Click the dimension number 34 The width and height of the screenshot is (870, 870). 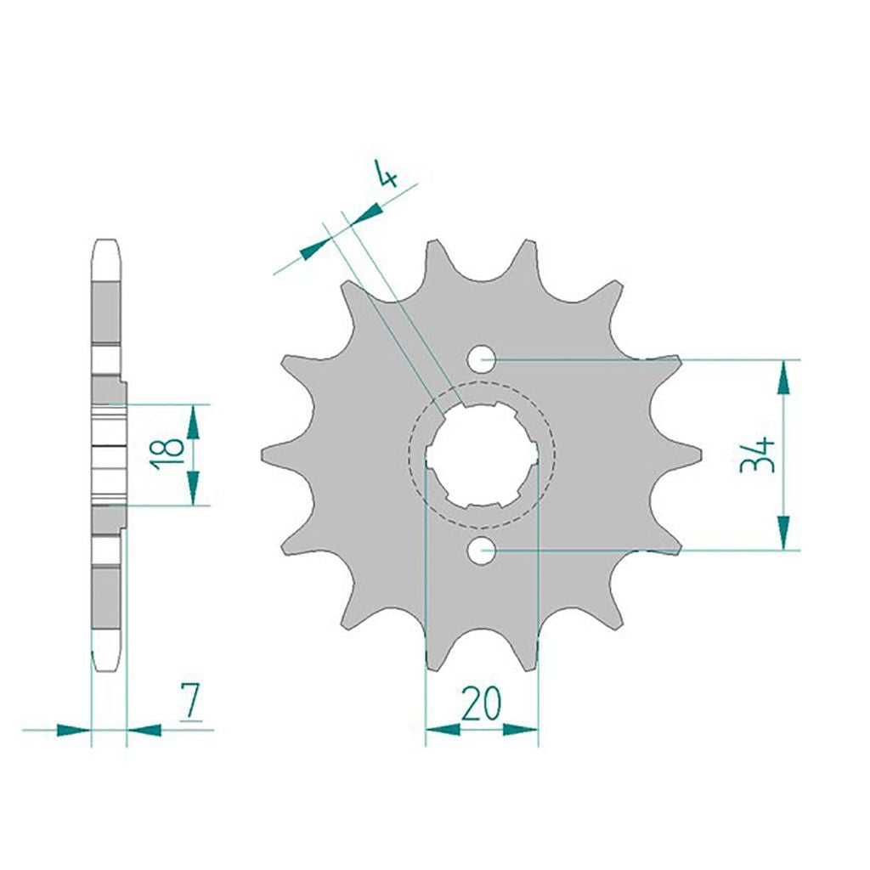click(x=757, y=455)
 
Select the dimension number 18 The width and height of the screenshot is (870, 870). click(x=167, y=455)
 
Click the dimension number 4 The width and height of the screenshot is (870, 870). click(x=387, y=173)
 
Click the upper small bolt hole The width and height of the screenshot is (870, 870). click(x=481, y=359)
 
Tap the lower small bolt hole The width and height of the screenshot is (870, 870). click(x=481, y=551)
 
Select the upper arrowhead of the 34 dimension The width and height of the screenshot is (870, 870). click(x=783, y=377)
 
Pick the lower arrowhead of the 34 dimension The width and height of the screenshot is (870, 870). click(x=783, y=533)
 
